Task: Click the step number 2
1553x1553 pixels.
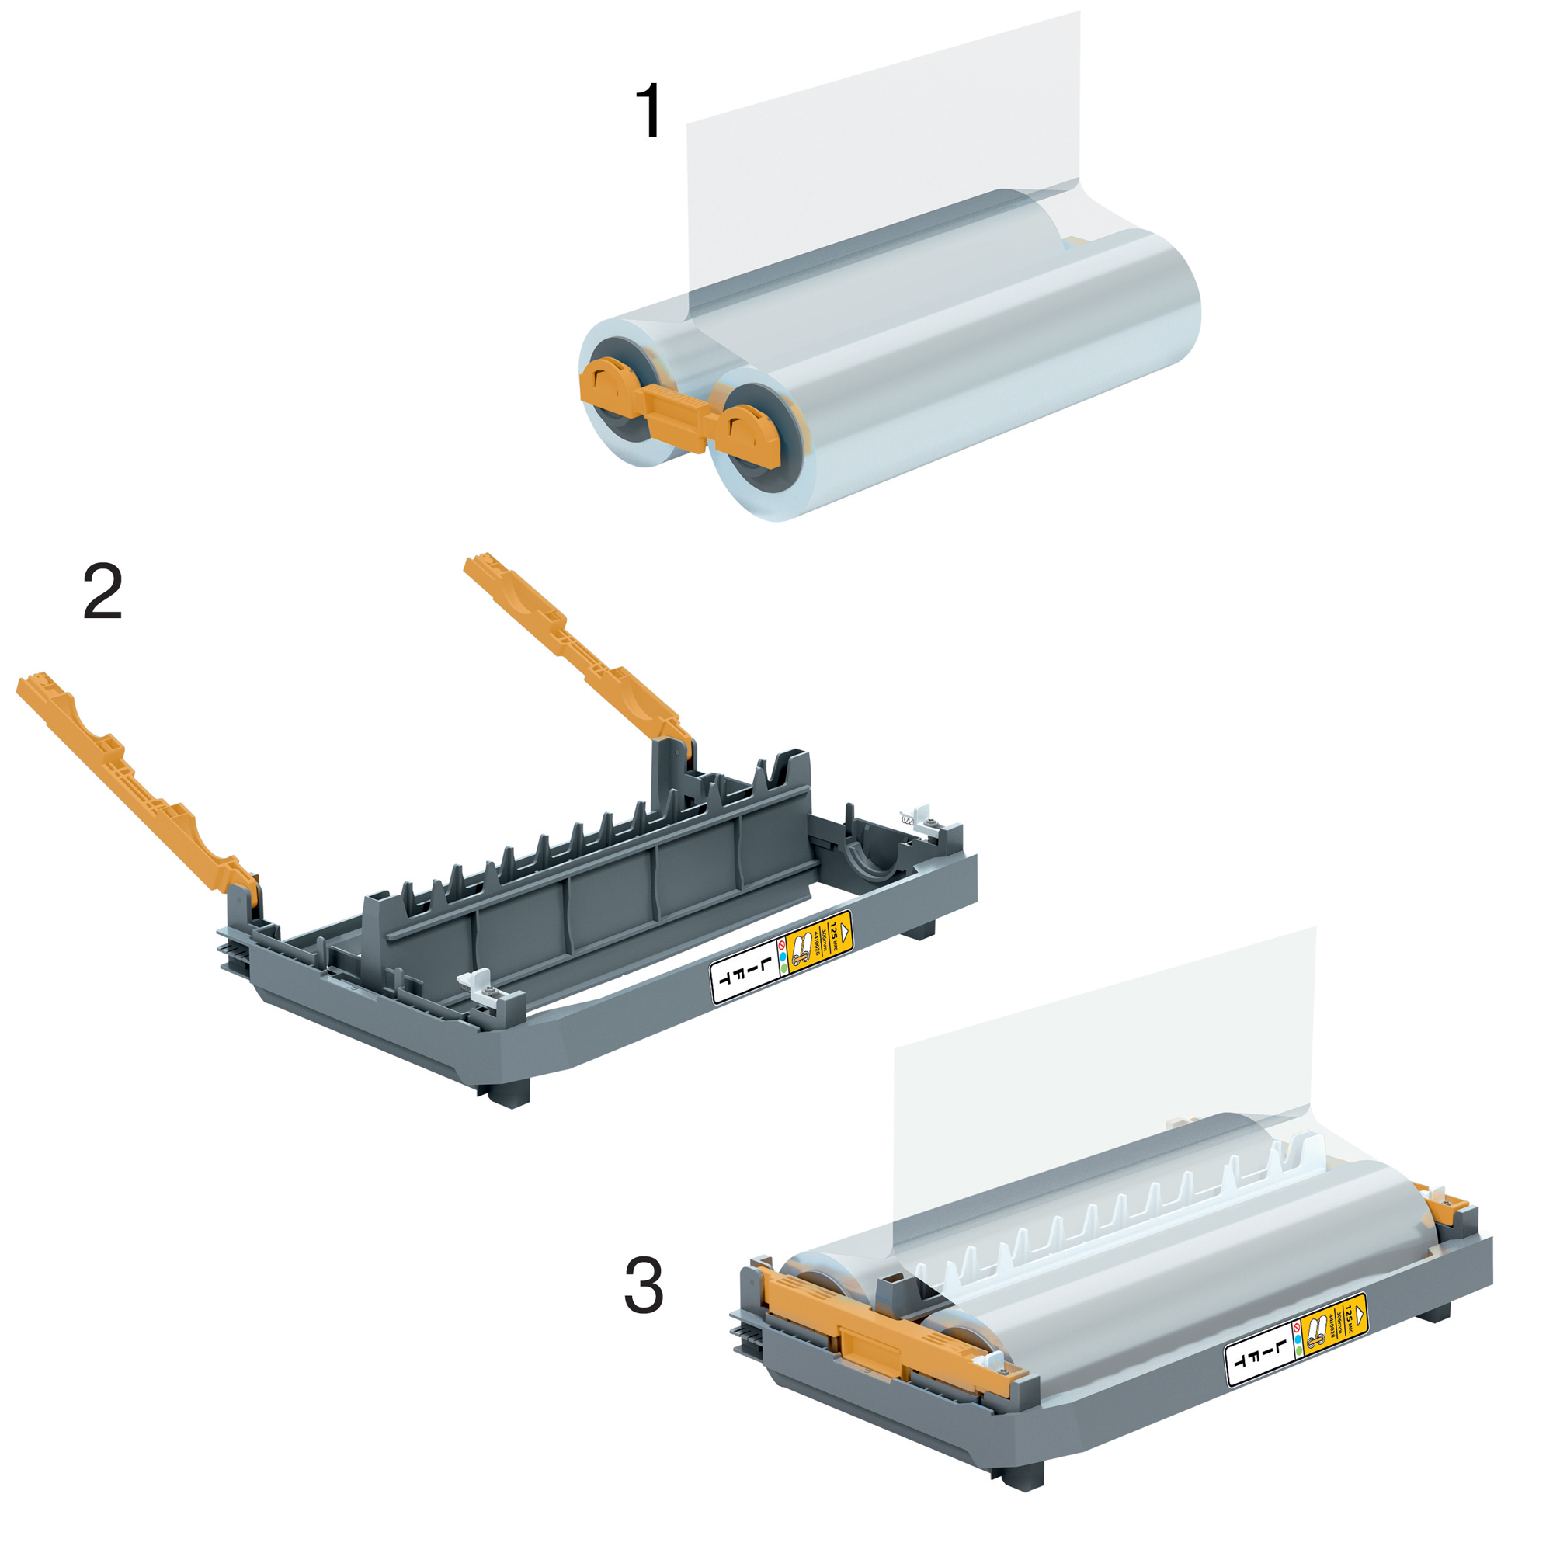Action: (103, 591)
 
